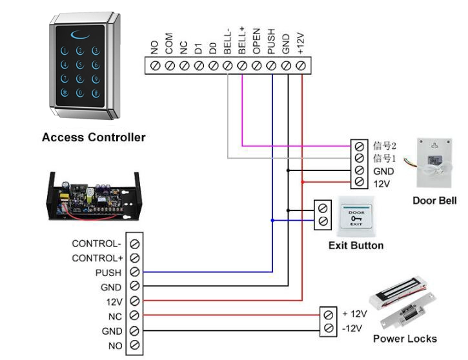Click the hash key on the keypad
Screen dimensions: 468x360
click(96, 93)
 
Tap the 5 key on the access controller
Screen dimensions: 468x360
click(80, 65)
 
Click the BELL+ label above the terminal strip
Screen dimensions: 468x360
click(242, 40)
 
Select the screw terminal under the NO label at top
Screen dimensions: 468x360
click(155, 66)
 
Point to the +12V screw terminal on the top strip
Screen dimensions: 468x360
click(301, 66)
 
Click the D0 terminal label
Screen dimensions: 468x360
click(213, 48)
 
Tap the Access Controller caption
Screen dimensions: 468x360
click(94, 137)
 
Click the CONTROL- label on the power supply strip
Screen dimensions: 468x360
click(96, 244)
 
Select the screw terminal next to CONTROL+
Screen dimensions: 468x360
click(135, 258)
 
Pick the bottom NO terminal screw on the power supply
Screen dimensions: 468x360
click(135, 345)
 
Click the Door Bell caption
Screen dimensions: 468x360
click(434, 201)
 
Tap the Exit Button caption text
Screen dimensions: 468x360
click(356, 245)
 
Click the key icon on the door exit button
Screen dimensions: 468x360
click(356, 219)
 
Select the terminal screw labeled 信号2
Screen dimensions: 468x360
click(359, 146)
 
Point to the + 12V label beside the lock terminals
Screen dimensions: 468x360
click(354, 314)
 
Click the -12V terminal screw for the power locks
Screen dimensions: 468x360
click(329, 328)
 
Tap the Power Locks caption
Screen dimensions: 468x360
click(405, 339)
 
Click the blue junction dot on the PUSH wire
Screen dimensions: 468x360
click(272, 221)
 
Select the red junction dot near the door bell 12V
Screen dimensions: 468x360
click(302, 182)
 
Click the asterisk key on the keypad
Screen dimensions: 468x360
click(65, 93)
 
